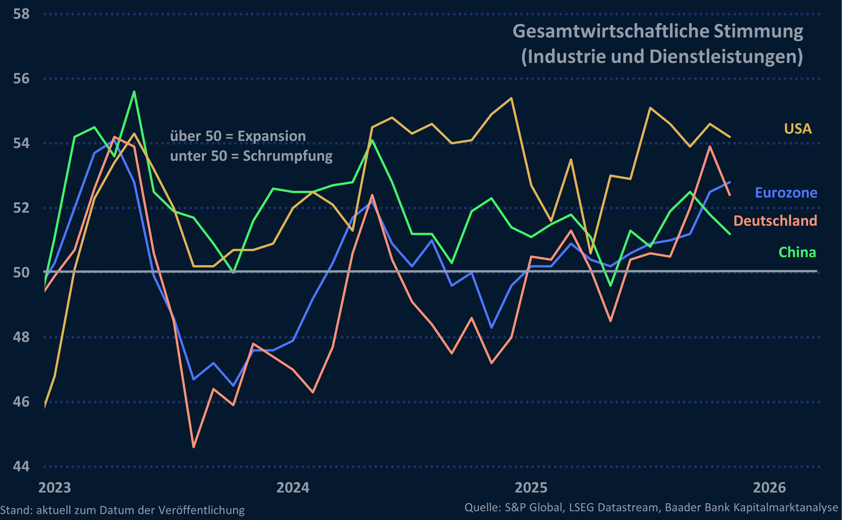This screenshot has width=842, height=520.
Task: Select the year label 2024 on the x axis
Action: click(293, 488)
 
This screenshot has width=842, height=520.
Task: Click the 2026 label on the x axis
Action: click(769, 488)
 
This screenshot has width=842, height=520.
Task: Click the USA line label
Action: click(798, 129)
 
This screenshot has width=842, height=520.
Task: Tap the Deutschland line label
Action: click(775, 221)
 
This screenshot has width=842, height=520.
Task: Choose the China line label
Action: click(797, 252)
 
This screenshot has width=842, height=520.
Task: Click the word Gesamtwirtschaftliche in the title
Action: click(611, 32)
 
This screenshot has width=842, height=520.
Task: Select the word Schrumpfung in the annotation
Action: click(288, 156)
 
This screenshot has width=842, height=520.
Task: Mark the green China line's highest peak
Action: click(134, 91)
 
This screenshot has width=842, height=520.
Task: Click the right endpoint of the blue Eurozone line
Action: click(729, 182)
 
